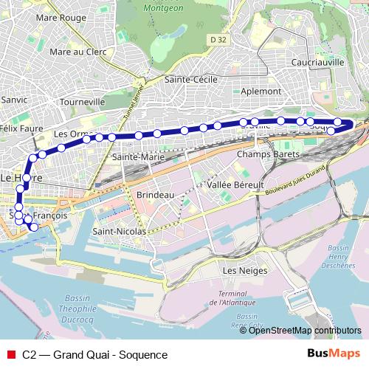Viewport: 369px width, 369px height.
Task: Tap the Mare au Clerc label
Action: [x=77, y=52]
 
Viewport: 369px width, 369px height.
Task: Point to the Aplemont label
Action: [x=261, y=91]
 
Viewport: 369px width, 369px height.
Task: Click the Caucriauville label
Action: [x=317, y=63]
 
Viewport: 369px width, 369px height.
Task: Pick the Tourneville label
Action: [x=83, y=101]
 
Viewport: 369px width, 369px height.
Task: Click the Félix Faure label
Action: [x=21, y=128]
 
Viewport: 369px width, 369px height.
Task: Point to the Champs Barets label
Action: [x=268, y=155]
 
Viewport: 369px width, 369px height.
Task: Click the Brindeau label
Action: [x=155, y=195]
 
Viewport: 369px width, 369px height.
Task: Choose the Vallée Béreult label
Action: [x=235, y=184]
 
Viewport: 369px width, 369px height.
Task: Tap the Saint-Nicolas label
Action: [x=119, y=231]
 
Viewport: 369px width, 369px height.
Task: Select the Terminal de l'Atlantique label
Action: [x=232, y=298]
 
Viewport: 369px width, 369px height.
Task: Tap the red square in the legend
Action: [x=12, y=354]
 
